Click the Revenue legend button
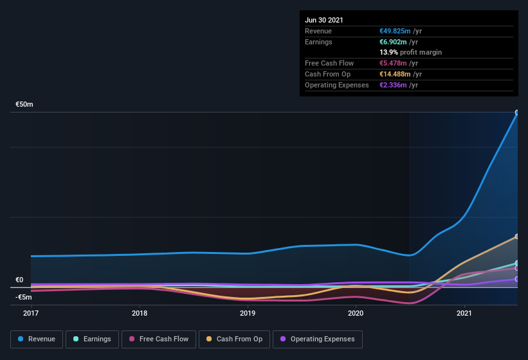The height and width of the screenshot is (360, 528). point(37,339)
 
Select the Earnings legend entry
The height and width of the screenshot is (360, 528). point(92,339)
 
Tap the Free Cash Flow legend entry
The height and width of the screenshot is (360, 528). point(159,339)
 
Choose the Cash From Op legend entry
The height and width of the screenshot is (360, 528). point(234,339)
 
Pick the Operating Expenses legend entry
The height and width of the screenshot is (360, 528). point(317,339)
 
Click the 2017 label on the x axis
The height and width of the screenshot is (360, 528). point(31,313)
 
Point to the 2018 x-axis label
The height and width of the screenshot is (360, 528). point(140,313)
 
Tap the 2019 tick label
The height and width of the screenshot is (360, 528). point(248,313)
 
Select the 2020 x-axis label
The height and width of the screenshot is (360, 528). point(356,313)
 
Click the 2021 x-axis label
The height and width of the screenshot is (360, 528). point(464,313)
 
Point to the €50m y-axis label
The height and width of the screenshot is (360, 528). point(24,104)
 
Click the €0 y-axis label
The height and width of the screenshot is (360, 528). point(19,280)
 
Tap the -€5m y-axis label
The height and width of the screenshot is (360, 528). point(24,297)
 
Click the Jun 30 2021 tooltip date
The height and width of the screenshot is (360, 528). point(324,20)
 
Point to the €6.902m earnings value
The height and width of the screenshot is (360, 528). point(395,42)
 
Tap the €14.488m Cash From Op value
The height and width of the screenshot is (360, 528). point(397,74)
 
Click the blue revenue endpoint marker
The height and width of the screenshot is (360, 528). point(517,113)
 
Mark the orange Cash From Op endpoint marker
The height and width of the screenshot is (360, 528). point(517,237)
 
